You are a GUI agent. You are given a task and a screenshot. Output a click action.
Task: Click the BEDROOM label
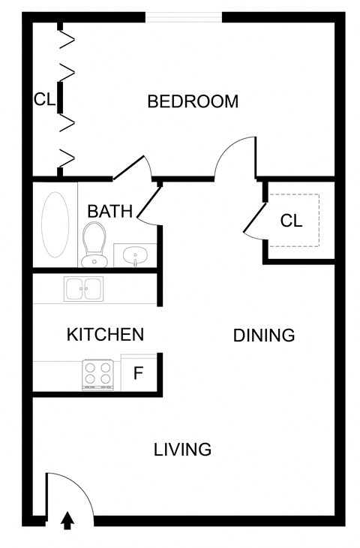tap(193, 101)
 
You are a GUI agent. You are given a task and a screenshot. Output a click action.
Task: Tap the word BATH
tap(109, 211)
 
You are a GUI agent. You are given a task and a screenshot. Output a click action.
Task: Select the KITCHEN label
tap(105, 334)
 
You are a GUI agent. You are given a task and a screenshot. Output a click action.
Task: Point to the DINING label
tap(264, 336)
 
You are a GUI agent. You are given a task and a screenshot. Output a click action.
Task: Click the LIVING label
tap(182, 450)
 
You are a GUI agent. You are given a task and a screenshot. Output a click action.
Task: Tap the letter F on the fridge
tap(138, 373)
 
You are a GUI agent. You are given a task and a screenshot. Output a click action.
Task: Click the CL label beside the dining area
tap(291, 221)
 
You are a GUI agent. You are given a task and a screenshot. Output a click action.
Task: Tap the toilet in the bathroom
tap(94, 243)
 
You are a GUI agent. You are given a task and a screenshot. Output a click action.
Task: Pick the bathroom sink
tap(136, 256)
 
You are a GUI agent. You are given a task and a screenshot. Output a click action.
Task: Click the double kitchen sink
tap(84, 288)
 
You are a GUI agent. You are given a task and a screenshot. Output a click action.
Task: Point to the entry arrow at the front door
tap(67, 519)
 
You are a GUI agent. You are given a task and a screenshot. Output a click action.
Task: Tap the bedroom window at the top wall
tap(184, 17)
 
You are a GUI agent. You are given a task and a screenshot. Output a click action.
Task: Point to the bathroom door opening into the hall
tap(149, 203)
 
